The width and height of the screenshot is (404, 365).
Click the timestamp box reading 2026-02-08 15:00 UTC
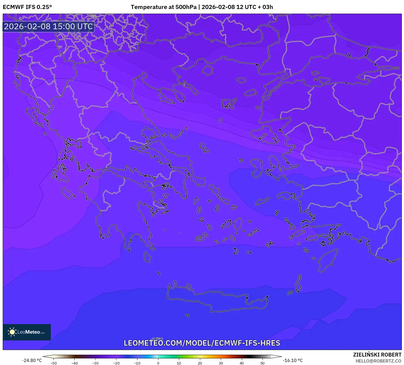[48, 26]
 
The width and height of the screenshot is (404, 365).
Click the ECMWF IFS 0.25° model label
[27, 7]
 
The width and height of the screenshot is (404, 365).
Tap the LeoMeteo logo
[27, 332]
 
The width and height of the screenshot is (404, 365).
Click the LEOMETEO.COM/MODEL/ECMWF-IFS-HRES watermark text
[202, 343]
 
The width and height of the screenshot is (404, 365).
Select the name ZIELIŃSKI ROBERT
[377, 355]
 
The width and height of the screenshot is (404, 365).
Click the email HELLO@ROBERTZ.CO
[378, 361]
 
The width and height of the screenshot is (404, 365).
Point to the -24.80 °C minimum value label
[32, 360]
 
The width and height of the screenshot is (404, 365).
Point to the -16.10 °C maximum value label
[293, 360]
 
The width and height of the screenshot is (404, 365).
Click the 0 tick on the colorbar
[158, 363]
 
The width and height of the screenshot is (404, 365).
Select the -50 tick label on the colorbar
[54, 363]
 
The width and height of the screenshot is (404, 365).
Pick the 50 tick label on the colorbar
[263, 363]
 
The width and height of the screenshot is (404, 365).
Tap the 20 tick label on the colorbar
[200, 363]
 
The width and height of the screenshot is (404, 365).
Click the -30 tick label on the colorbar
[95, 363]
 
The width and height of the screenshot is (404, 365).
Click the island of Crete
[219, 299]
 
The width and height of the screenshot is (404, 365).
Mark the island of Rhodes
[327, 260]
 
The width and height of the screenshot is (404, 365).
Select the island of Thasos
[207, 70]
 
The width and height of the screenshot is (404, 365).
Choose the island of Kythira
[147, 257]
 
